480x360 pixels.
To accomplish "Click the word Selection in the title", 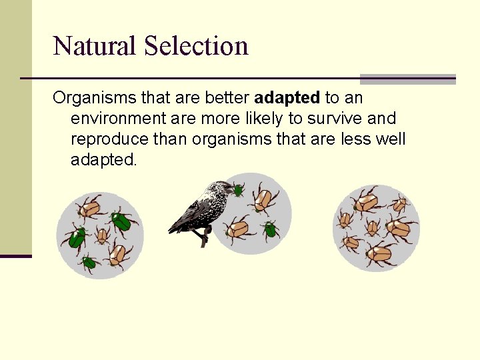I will [x=196, y=46].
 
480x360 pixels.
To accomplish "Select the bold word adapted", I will [x=287, y=98].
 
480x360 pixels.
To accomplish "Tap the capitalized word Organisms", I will [x=94, y=98].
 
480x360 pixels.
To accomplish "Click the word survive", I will [x=337, y=119].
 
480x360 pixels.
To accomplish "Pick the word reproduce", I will [x=109, y=139].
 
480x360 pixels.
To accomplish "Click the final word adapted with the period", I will [x=103, y=160].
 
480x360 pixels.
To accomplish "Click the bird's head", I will [x=219, y=189].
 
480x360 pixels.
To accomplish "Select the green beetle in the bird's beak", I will [x=237, y=190].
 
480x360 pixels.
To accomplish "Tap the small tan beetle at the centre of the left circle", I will [x=102, y=234].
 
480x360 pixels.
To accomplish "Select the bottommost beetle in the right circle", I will [x=381, y=253].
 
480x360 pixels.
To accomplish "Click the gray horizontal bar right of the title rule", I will [x=407, y=79].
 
